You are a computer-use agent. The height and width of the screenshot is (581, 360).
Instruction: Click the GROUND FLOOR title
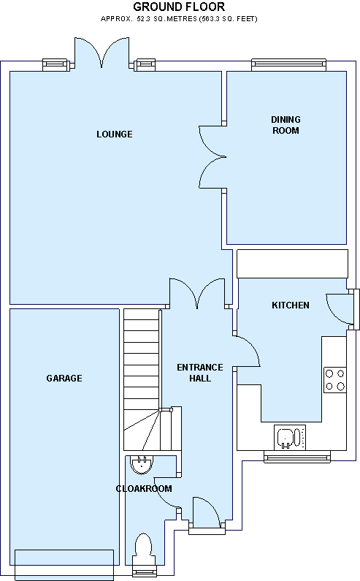tap(179, 7)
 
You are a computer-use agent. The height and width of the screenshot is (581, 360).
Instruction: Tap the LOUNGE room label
tap(115, 134)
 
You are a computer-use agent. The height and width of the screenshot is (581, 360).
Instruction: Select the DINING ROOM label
tap(286, 125)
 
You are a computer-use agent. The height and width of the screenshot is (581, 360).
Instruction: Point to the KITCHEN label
tap(291, 305)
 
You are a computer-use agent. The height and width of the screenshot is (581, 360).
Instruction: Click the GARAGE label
tap(64, 378)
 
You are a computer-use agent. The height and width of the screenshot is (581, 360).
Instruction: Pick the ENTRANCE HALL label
tap(200, 373)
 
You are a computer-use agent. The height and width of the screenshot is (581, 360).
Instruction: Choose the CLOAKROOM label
tap(144, 488)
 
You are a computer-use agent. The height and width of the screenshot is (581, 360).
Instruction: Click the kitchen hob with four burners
tap(335, 380)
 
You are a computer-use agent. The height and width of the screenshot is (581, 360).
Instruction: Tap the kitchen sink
tap(290, 437)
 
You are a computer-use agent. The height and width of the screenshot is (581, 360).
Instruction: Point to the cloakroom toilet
tap(142, 547)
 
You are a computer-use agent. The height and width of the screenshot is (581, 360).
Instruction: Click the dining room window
tap(289, 64)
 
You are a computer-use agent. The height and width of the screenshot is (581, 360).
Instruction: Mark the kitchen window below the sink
tap(297, 457)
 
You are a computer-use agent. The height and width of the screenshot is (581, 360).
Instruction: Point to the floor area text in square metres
tap(179, 18)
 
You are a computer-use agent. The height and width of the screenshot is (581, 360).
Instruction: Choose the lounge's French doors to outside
tap(102, 53)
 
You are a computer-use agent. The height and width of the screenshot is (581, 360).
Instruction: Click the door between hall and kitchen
tap(247, 351)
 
